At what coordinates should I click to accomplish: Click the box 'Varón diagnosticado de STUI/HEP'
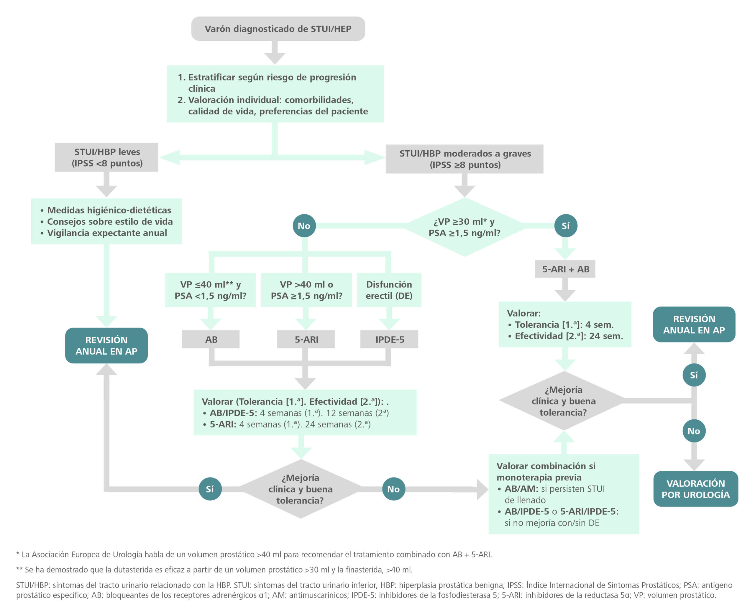pyautogui.click(x=278, y=29)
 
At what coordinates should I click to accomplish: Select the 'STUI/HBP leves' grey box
pyautogui.click(x=106, y=157)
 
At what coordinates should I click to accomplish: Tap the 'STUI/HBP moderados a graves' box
pyautogui.click(x=465, y=159)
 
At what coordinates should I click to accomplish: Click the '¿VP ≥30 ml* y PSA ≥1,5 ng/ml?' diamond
pyautogui.click(x=465, y=227)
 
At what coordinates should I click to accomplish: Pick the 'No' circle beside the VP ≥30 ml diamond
pyautogui.click(x=304, y=226)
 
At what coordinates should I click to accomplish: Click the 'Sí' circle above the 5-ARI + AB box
pyautogui.click(x=565, y=226)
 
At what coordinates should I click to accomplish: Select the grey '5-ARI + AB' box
pyautogui.click(x=565, y=269)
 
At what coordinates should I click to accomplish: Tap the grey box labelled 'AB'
pyautogui.click(x=211, y=340)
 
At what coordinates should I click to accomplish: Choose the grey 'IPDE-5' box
pyautogui.click(x=389, y=340)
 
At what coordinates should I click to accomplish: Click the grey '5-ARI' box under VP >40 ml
pyautogui.click(x=306, y=340)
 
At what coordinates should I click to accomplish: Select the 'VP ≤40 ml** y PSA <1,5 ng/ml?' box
pyautogui.click(x=211, y=290)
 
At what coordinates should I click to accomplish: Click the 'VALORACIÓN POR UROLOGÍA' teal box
pyautogui.click(x=695, y=489)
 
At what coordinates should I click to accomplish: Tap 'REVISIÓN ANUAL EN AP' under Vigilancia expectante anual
pyautogui.click(x=106, y=345)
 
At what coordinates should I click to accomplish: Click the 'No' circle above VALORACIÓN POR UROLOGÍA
pyautogui.click(x=694, y=431)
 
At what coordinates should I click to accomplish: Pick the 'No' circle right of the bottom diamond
pyautogui.click(x=393, y=489)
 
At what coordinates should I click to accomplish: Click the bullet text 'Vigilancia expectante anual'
pyautogui.click(x=107, y=233)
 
